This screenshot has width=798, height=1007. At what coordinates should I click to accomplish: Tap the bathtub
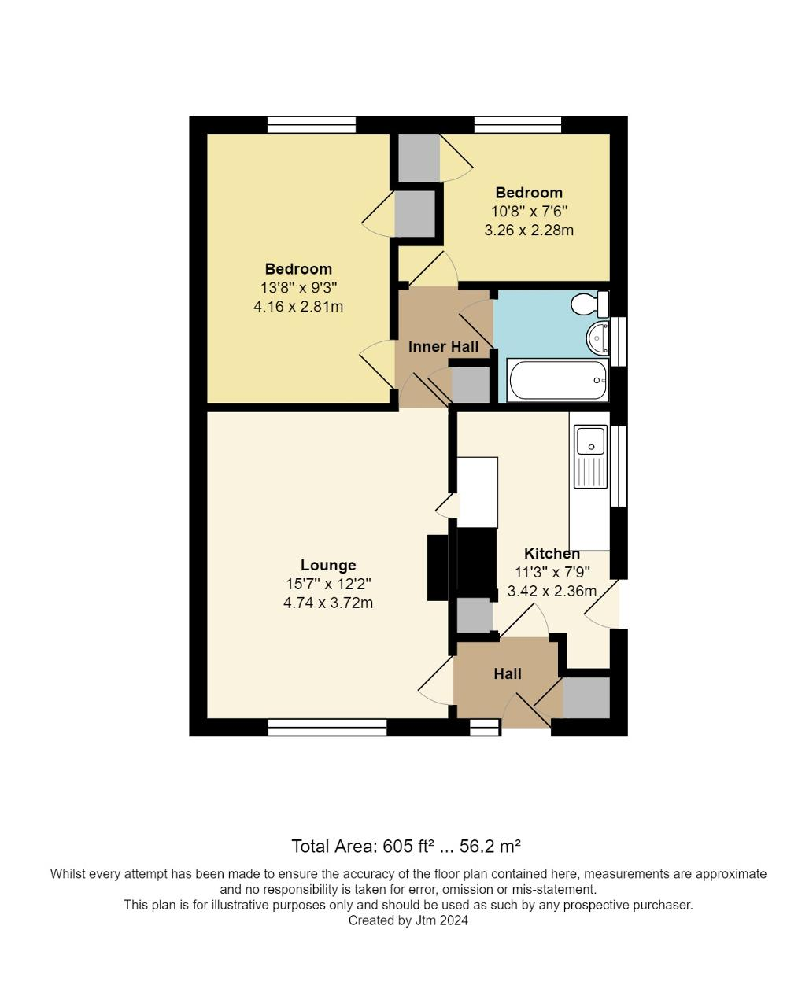(x=557, y=380)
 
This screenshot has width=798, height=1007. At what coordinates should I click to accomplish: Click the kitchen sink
(x=590, y=441)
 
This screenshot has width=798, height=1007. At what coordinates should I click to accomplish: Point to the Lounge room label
(x=328, y=565)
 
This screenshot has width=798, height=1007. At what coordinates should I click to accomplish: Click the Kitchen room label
(x=552, y=553)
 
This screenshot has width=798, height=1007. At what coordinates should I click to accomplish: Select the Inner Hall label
(x=443, y=347)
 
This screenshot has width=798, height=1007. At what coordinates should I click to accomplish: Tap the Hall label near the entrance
(x=508, y=673)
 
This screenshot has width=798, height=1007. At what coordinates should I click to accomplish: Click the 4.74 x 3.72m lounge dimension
(x=328, y=603)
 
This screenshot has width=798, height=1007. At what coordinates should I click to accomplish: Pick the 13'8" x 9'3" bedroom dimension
(x=298, y=288)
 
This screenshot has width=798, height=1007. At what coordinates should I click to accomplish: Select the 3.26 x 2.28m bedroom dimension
(x=529, y=231)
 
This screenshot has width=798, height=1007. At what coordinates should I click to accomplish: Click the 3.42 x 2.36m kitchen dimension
(x=552, y=591)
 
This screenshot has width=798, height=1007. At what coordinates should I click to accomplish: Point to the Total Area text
(x=406, y=847)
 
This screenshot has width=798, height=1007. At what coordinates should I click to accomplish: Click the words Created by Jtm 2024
(x=408, y=920)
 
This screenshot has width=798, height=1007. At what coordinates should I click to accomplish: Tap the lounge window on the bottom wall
(x=327, y=728)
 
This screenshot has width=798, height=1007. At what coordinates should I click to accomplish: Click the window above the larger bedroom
(x=311, y=124)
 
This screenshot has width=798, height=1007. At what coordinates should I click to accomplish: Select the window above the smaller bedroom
(x=518, y=124)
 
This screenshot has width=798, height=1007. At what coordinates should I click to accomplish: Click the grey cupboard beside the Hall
(x=586, y=698)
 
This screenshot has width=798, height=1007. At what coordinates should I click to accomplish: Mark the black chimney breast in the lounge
(x=437, y=567)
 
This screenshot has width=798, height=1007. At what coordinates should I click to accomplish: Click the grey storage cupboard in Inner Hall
(x=470, y=385)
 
